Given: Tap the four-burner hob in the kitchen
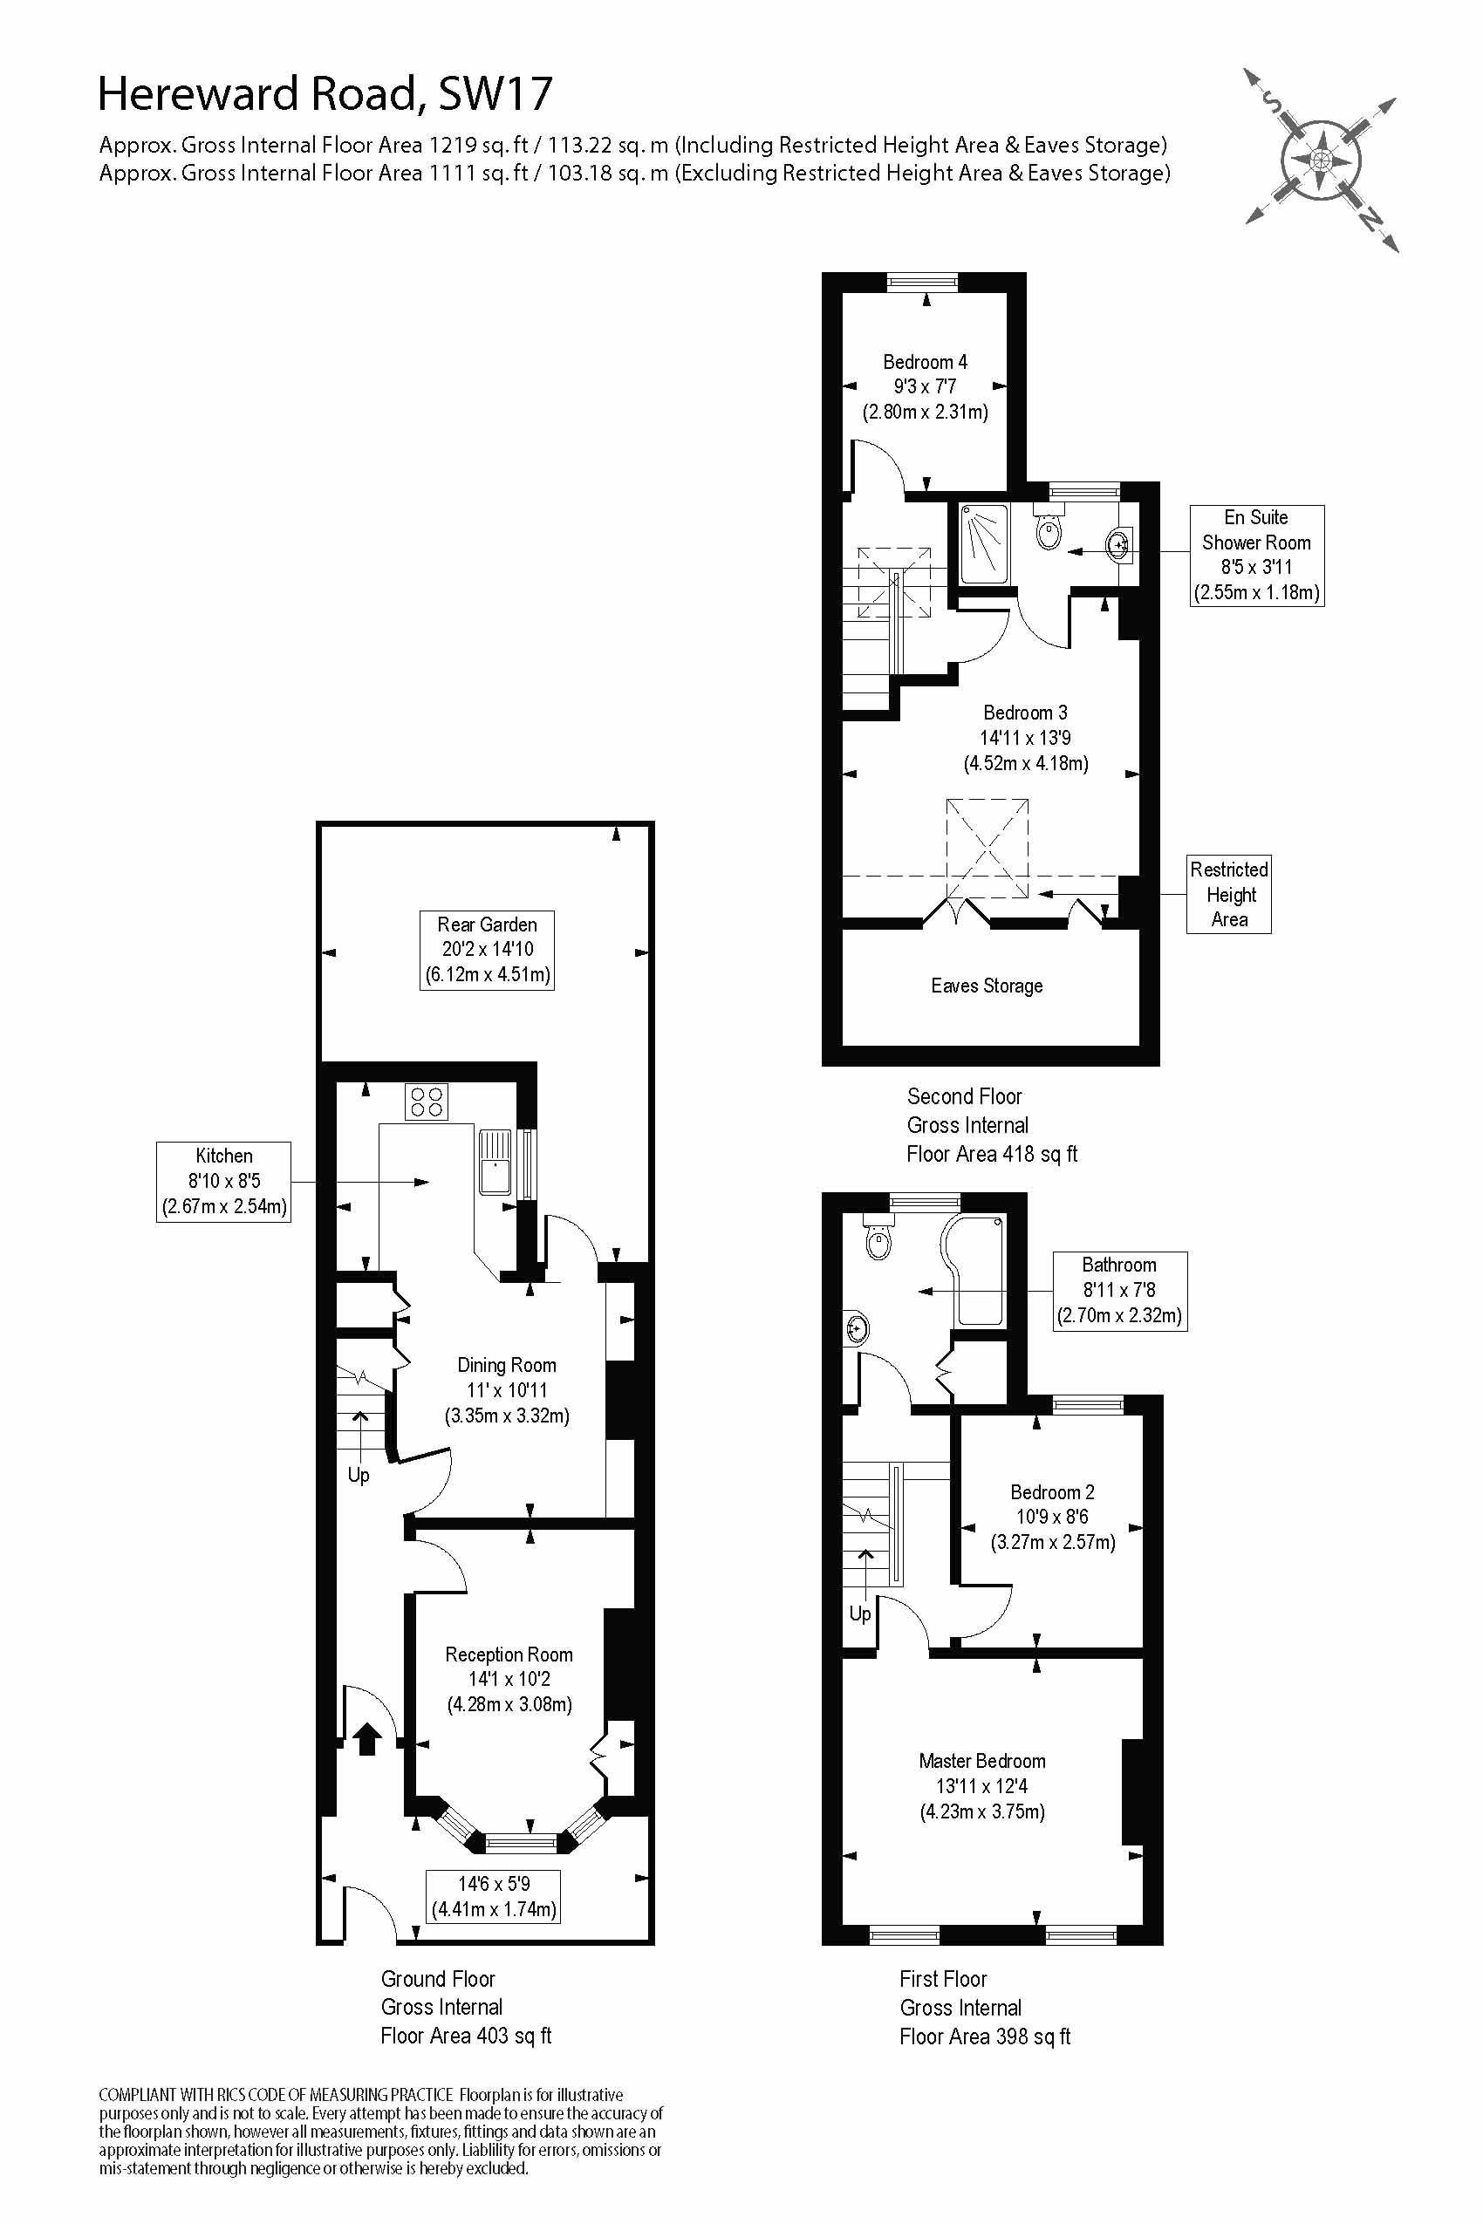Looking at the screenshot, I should [x=427, y=1102].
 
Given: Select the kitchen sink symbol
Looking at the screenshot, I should [x=495, y=1161].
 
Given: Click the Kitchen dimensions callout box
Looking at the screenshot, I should [x=223, y=1181].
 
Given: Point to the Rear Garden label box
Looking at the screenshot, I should [x=487, y=950].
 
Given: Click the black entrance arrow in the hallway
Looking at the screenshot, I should [x=367, y=1738].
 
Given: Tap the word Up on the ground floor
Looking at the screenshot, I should [x=359, y=1475].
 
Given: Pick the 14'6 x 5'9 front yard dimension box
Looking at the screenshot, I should [x=494, y=1896].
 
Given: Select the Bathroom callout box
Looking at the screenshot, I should [x=1120, y=1291].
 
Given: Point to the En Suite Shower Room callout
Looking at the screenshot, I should [x=1256, y=555].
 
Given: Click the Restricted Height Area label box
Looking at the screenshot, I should [x=1228, y=894].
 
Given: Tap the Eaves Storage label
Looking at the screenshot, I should [x=987, y=986].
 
